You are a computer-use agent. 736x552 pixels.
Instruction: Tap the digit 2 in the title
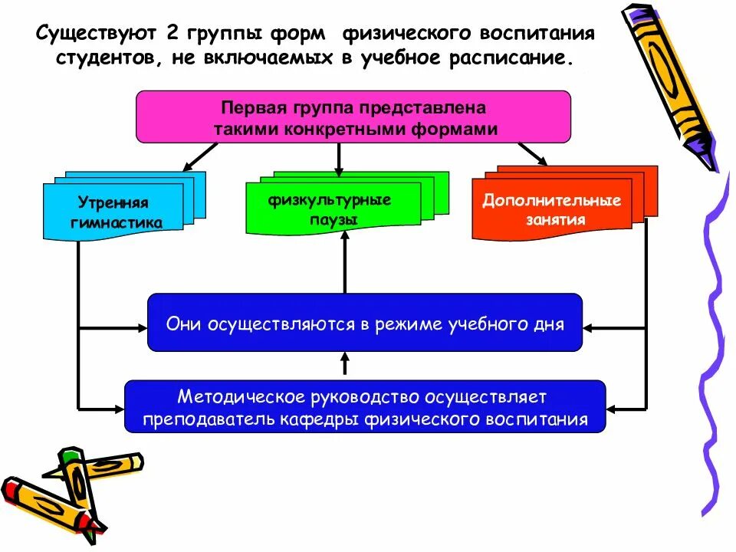point(167,34)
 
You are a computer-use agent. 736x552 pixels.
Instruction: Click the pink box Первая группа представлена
point(353,117)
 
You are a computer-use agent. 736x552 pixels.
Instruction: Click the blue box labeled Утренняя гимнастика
point(113,211)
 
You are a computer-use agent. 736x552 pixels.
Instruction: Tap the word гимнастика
point(116,222)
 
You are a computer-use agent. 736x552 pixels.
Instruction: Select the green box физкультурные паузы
point(333,209)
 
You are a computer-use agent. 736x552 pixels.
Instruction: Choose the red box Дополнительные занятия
point(551,208)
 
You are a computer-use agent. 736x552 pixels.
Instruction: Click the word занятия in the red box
point(556,220)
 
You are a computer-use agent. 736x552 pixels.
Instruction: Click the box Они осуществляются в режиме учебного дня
point(364,323)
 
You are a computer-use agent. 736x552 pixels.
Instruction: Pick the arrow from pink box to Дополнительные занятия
point(532,154)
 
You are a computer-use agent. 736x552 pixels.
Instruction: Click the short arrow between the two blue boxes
point(345,363)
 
